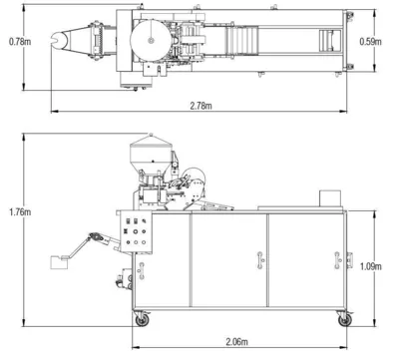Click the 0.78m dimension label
coord(17,42)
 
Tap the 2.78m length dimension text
coord(203,105)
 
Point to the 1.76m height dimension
coord(17,212)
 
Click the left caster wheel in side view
coord(140,320)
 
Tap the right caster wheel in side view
coord(344,320)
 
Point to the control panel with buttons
coord(135,238)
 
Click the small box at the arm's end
coord(57,262)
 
